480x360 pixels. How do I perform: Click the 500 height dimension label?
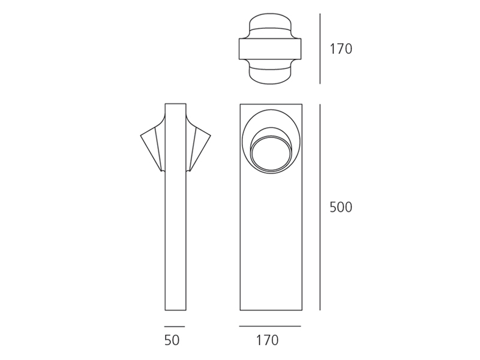[x=341, y=207]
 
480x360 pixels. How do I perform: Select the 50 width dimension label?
[x=172, y=340]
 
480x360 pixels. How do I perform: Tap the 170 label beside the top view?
[x=341, y=49]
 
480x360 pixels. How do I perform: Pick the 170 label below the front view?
[x=267, y=340]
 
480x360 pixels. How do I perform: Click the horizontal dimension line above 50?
[x=175, y=326]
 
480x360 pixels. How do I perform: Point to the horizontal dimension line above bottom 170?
[x=270, y=326]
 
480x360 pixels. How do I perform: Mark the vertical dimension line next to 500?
[x=320, y=207]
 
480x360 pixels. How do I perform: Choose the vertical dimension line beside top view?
[x=320, y=49]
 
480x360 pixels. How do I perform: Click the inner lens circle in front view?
[x=271, y=153]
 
